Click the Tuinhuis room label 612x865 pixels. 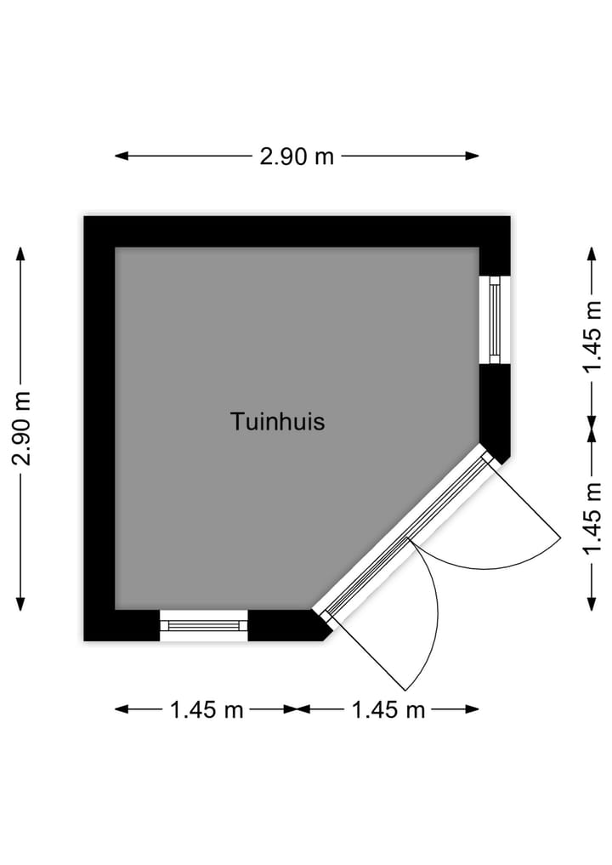277,422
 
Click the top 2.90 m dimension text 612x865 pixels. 297,156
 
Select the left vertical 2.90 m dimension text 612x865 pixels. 23,429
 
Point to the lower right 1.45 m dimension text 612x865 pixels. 592,518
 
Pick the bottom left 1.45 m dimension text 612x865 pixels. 207,709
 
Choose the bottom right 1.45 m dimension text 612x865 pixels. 388,709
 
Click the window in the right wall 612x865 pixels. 495,320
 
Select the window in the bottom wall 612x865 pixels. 203,626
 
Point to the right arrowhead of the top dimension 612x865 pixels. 472,156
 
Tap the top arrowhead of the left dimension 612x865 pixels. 20,253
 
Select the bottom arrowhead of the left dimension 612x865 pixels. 20,604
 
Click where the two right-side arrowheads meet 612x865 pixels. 592,430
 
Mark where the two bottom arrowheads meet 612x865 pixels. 297,709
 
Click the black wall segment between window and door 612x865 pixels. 495,411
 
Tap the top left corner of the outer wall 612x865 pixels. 84,216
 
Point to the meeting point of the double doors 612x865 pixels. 409,537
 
